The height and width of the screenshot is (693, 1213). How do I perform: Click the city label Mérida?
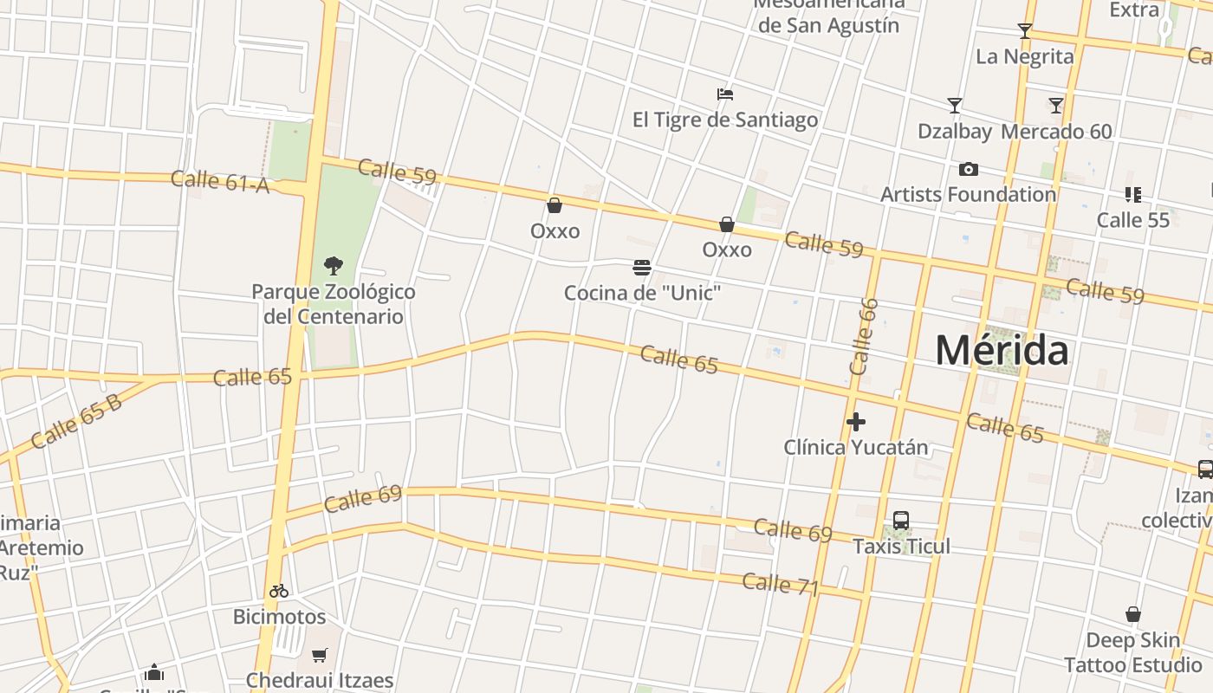[1002, 351]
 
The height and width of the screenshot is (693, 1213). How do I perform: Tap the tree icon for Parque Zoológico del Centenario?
[334, 266]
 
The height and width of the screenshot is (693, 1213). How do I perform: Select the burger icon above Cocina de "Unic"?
[642, 268]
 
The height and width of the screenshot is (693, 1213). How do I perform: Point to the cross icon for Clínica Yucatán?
[856, 422]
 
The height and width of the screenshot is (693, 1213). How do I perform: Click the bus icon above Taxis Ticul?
[901, 521]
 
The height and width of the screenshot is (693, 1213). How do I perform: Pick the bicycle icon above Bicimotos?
[278, 592]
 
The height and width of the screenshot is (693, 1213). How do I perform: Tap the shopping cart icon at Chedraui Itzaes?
[320, 655]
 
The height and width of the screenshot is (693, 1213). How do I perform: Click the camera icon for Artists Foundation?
[969, 169]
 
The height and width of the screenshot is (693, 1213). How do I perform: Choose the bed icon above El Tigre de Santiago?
[725, 94]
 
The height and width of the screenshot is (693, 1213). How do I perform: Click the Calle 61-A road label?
[220, 181]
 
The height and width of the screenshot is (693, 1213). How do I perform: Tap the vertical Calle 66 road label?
[864, 336]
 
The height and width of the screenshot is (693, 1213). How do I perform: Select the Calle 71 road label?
[781, 584]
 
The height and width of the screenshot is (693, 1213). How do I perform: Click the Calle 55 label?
[1133, 220]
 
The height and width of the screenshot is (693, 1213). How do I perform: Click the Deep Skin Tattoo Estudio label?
[1132, 652]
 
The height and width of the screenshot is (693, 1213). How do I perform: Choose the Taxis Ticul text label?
[901, 547]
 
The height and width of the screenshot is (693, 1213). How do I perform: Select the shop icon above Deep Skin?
[1132, 615]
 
